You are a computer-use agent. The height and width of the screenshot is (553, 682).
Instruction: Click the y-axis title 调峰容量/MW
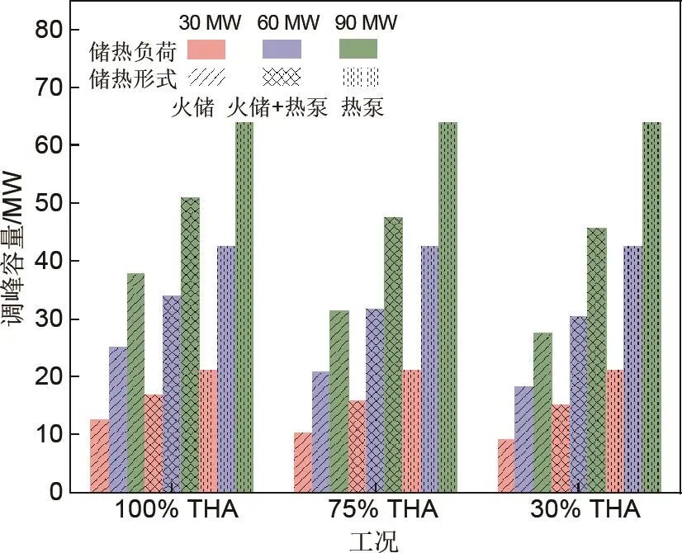18,260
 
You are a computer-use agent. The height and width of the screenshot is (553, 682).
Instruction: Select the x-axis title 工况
373,541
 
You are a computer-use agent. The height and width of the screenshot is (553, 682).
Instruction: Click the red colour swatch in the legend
207,50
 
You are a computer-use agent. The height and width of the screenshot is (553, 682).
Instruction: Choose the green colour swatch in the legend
358,50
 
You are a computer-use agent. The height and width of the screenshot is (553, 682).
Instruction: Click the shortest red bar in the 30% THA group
504,466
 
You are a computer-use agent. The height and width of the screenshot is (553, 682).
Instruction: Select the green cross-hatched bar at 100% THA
190,344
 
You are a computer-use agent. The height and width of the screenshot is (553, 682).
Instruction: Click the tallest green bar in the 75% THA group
448,307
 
